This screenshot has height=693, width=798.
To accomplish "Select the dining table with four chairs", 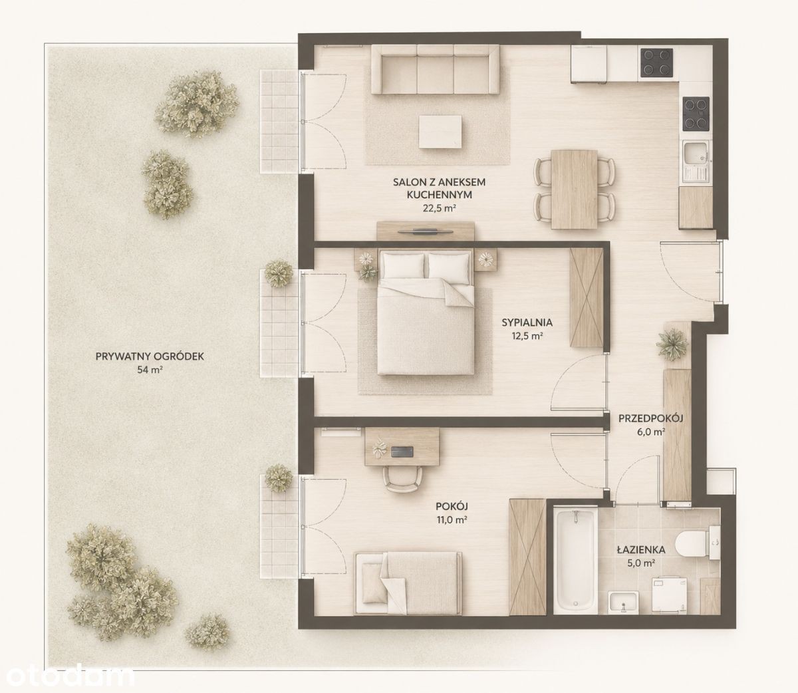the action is click(x=574, y=189).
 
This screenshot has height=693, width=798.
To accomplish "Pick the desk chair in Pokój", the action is click(x=403, y=480).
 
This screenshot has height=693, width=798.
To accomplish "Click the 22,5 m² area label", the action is click(x=440, y=208).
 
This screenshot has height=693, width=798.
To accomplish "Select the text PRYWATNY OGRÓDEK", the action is click(x=150, y=356).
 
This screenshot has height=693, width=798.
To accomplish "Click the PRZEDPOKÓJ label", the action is click(x=650, y=418).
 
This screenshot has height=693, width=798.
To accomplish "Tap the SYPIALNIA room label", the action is click(x=527, y=323).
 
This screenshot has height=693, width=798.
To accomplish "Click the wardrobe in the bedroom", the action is click(x=587, y=297).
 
